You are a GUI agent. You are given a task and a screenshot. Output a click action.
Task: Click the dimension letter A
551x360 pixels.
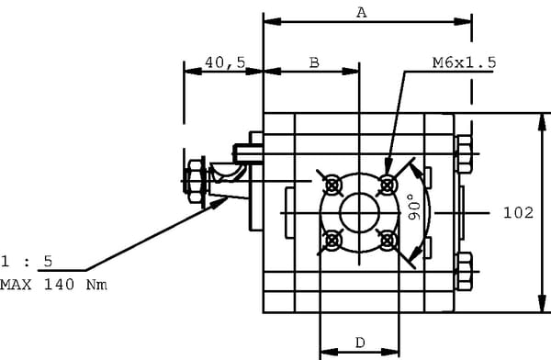point(362,13)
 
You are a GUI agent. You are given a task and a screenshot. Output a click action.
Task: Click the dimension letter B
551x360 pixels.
point(314,62)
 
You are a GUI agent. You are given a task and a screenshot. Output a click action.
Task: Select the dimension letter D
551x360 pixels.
point(360,343)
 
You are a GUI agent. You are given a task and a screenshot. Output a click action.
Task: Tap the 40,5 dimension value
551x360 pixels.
point(225,62)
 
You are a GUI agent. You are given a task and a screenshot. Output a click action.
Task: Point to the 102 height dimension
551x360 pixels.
point(518,213)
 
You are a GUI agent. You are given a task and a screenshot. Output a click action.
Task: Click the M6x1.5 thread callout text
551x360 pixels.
point(464,62)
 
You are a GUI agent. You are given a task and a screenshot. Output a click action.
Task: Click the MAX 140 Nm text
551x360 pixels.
point(53,284)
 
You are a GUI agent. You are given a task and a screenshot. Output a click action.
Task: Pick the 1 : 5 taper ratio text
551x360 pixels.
point(27,261)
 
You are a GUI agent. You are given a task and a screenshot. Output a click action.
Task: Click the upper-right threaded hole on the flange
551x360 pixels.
point(387,185)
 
